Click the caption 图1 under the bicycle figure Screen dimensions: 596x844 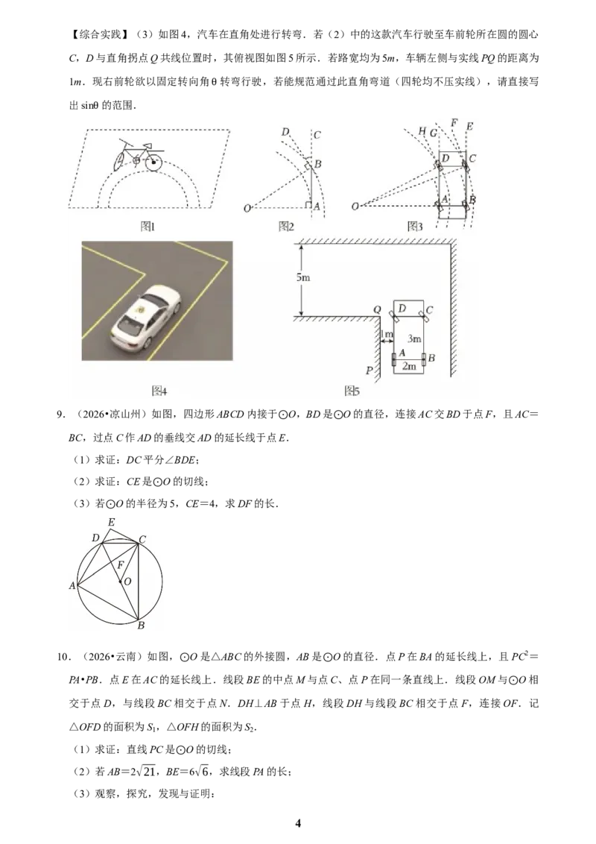pyautogui.click(x=148, y=227)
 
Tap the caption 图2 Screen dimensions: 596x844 pyautogui.click(x=286, y=227)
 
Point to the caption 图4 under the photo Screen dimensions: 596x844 pyautogui.click(x=159, y=390)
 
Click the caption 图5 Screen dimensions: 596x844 pyautogui.click(x=352, y=390)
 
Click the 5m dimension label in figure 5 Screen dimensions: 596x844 pyautogui.click(x=302, y=278)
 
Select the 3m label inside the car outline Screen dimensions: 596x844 pyautogui.click(x=414, y=338)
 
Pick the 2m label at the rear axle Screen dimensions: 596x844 pyautogui.click(x=409, y=366)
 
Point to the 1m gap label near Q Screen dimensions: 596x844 pyautogui.click(x=387, y=334)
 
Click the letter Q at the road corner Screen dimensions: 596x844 pyautogui.click(x=377, y=310)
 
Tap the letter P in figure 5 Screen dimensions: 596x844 pyautogui.click(x=369, y=371)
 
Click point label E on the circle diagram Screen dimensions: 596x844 pyautogui.click(x=111, y=522)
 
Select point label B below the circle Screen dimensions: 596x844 pyautogui.click(x=141, y=626)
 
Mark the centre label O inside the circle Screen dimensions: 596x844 pyautogui.click(x=127, y=582)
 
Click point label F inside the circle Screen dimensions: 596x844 pyautogui.click(x=121, y=565)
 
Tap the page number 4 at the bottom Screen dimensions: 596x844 pyautogui.click(x=298, y=823)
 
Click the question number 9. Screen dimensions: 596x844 pyautogui.click(x=61, y=414)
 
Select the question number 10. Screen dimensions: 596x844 pyautogui.click(x=63, y=657)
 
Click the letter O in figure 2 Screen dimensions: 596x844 pyautogui.click(x=247, y=208)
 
